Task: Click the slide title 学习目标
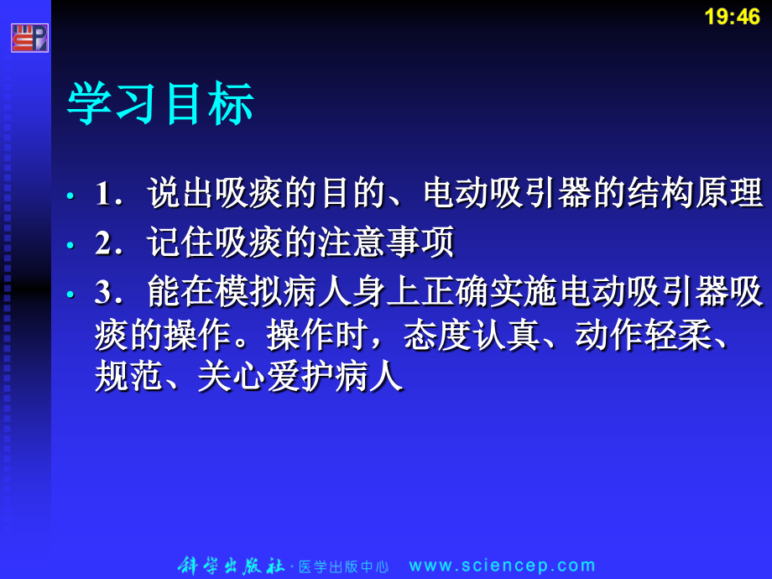tap(160, 105)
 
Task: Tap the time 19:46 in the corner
tap(732, 17)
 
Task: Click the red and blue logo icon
tap(29, 38)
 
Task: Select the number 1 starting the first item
tap(103, 195)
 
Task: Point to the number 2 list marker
tap(103, 243)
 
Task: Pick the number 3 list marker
tap(103, 293)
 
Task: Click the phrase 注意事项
tap(386, 243)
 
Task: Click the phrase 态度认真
tap(472, 336)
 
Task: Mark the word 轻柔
tap(678, 336)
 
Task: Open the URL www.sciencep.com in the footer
tap(503, 566)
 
